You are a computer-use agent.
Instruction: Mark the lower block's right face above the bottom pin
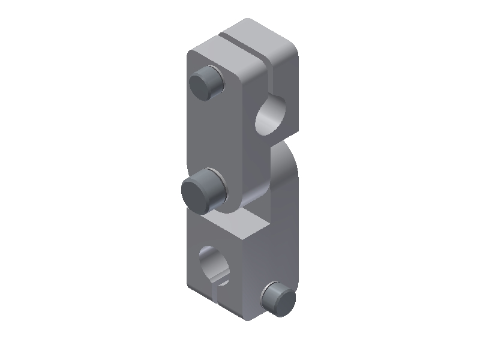[273, 258]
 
